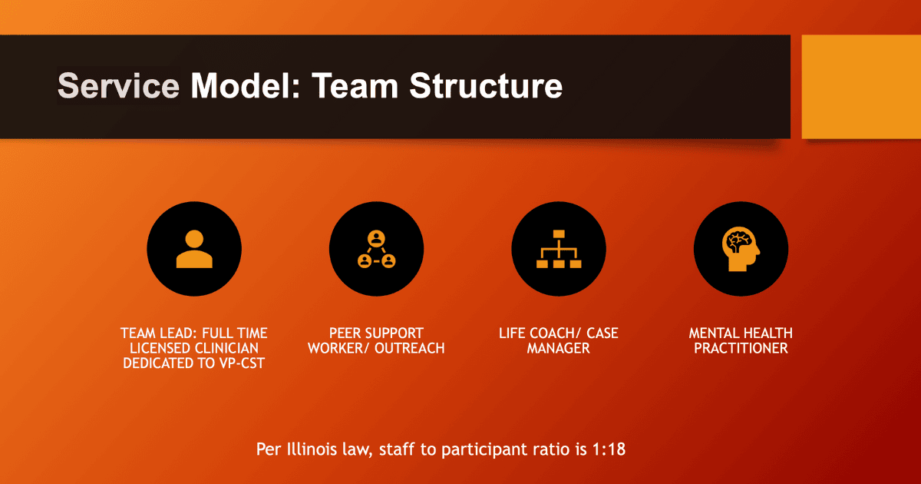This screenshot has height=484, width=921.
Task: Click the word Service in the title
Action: click(118, 85)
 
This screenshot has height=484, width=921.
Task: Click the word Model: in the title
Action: click(246, 85)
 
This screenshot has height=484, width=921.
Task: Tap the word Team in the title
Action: click(355, 85)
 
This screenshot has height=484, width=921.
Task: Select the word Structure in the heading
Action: click(486, 85)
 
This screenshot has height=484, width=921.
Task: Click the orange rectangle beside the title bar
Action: click(861, 86)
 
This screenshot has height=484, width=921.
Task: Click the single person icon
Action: click(194, 249)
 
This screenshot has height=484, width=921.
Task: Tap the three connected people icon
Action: click(376, 249)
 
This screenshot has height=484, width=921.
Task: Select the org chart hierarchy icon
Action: click(559, 249)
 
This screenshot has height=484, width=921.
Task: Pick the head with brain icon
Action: click(741, 249)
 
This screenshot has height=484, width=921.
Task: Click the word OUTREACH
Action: click(410, 348)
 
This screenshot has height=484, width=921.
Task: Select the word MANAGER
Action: click(559, 348)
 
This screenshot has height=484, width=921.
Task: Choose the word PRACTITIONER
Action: click(741, 348)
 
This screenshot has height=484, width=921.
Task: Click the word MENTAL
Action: click(712, 333)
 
